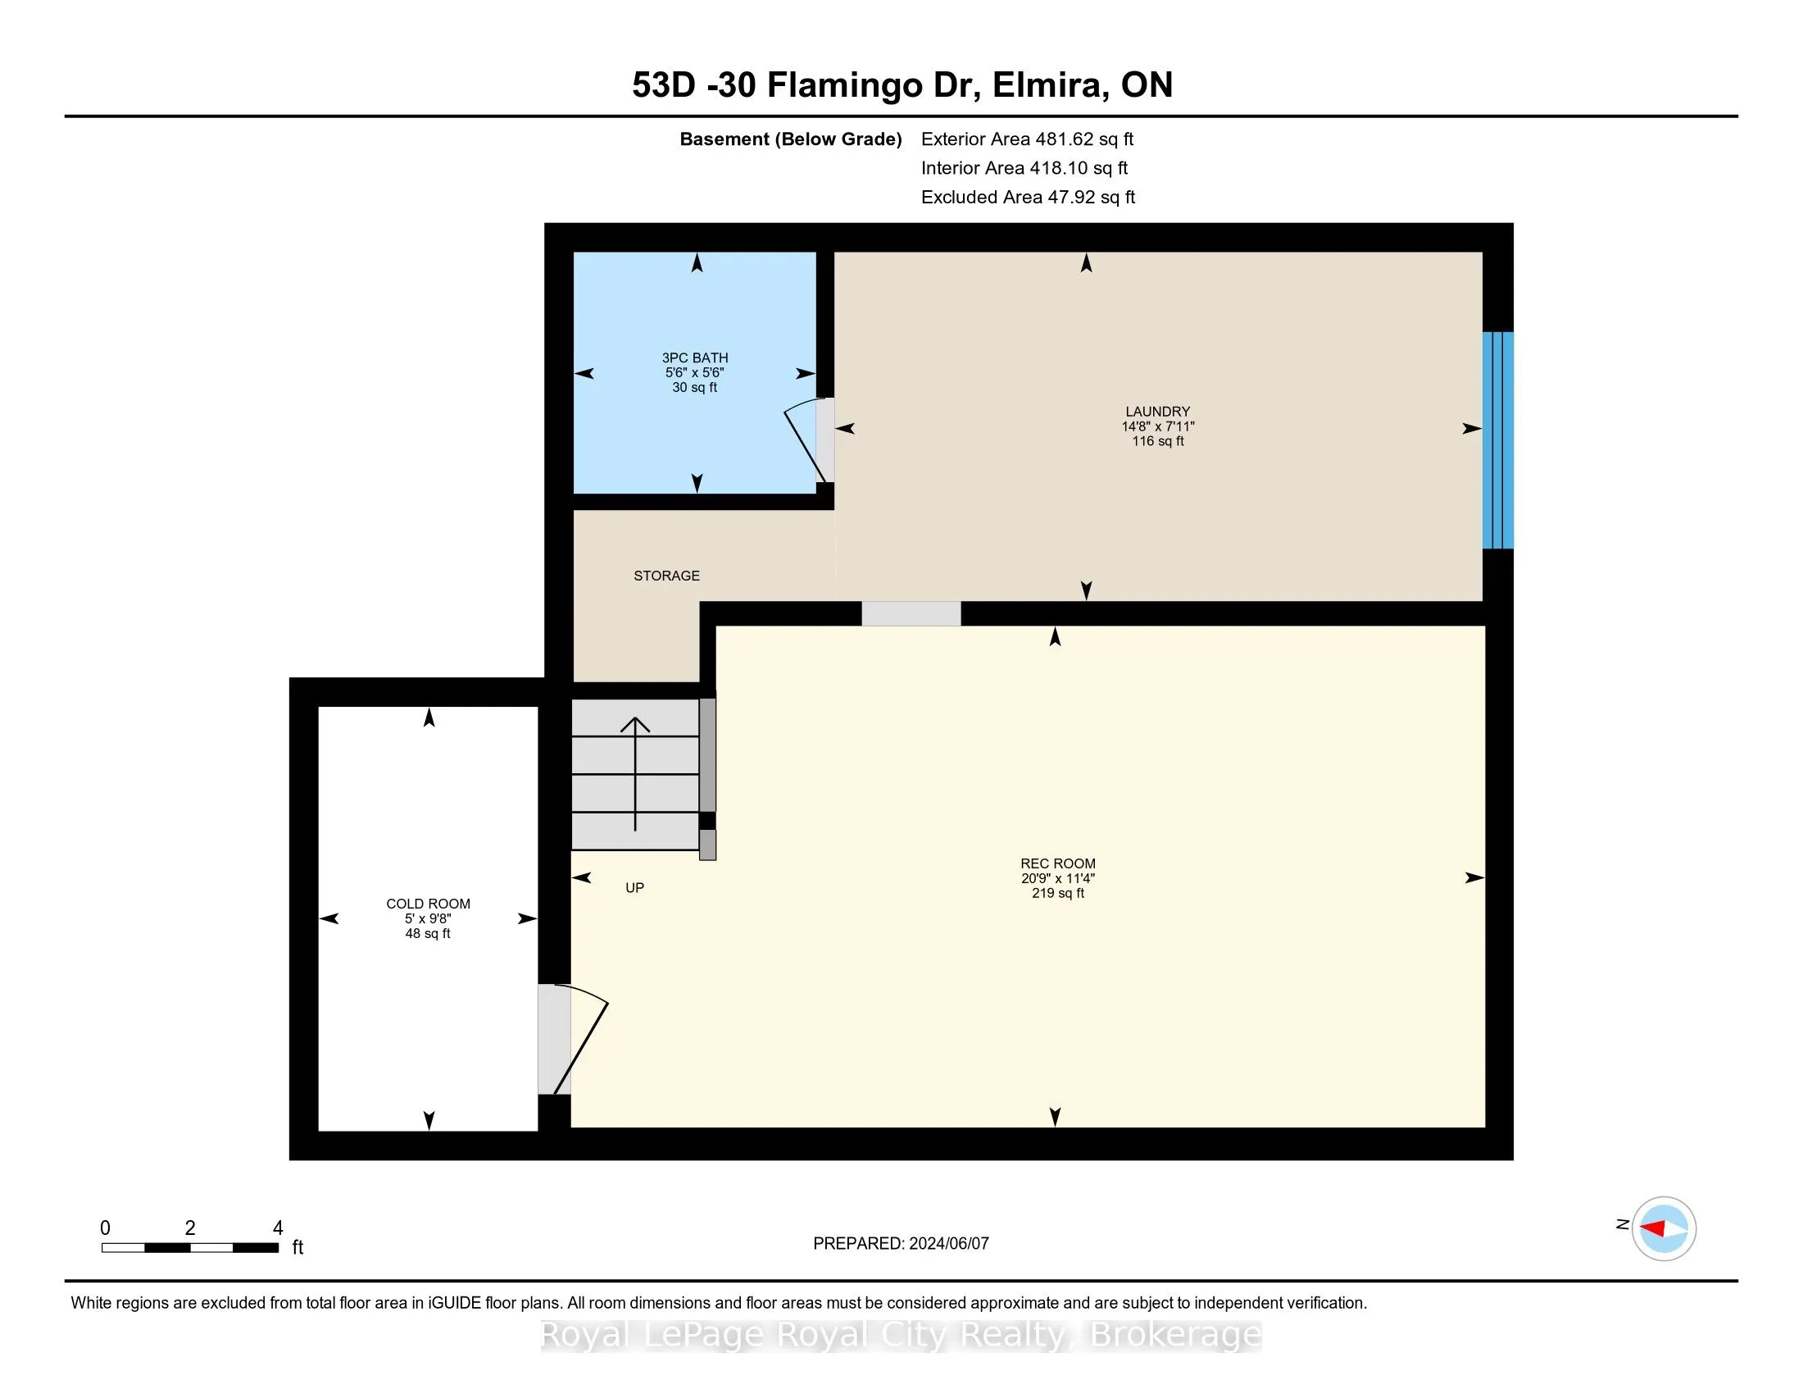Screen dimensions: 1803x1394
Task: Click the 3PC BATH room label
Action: point(695,358)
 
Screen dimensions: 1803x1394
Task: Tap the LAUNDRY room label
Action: point(1157,412)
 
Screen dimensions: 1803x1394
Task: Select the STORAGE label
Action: point(666,576)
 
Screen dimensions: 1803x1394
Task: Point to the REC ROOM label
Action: point(1057,863)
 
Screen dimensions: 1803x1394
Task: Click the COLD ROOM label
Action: point(428,904)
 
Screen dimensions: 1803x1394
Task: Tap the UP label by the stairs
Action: point(635,888)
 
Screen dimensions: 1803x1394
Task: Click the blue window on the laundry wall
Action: point(1497,440)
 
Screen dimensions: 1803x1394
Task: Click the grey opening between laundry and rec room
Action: point(911,613)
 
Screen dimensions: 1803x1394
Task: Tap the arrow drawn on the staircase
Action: point(635,774)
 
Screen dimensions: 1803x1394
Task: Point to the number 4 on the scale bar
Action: point(278,1228)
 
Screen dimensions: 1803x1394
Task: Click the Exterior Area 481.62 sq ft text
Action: point(1027,139)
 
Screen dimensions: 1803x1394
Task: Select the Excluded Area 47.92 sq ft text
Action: point(1028,197)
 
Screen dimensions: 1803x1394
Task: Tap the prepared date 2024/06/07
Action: point(947,1244)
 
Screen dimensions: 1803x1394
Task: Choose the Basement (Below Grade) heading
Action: point(790,139)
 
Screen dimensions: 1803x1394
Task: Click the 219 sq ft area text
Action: point(1057,893)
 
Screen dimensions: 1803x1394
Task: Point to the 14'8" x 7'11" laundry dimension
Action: point(1157,426)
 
